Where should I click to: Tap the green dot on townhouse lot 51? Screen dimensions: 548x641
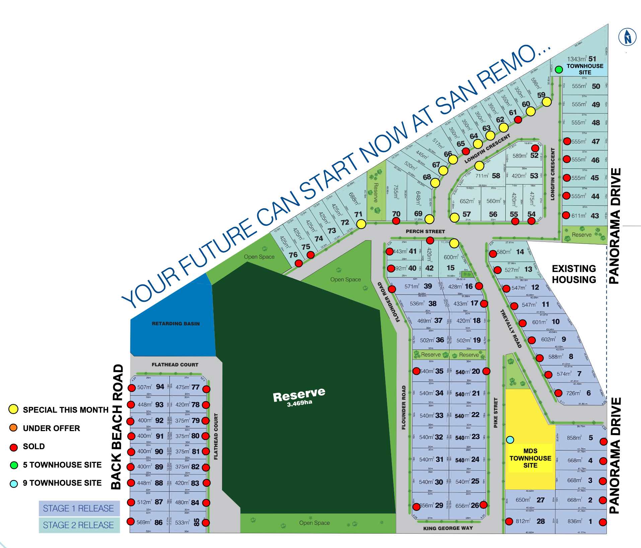[559, 70]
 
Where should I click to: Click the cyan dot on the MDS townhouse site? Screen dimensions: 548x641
[510, 439]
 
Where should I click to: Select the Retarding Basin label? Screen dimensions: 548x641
[175, 324]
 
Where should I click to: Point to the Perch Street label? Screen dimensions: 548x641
[425, 231]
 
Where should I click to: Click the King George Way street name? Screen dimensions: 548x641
[448, 528]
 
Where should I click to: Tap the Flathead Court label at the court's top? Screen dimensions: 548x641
[175, 365]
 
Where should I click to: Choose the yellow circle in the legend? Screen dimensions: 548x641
[13, 409]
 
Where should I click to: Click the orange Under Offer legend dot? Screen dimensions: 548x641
[13, 428]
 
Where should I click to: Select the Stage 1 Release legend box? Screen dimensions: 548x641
[79, 508]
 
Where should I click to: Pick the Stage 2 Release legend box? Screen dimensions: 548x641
[79, 525]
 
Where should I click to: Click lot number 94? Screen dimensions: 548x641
[160, 387]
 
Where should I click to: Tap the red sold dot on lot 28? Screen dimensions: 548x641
[509, 521]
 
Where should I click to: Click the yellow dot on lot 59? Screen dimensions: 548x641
[547, 102]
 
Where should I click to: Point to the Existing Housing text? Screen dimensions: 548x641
[574, 274]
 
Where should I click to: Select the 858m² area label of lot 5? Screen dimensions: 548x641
[574, 438]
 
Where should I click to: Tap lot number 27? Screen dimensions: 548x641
[541, 500]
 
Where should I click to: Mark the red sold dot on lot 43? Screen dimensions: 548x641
[566, 215]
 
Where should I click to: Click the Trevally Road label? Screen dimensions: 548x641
[511, 329]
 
